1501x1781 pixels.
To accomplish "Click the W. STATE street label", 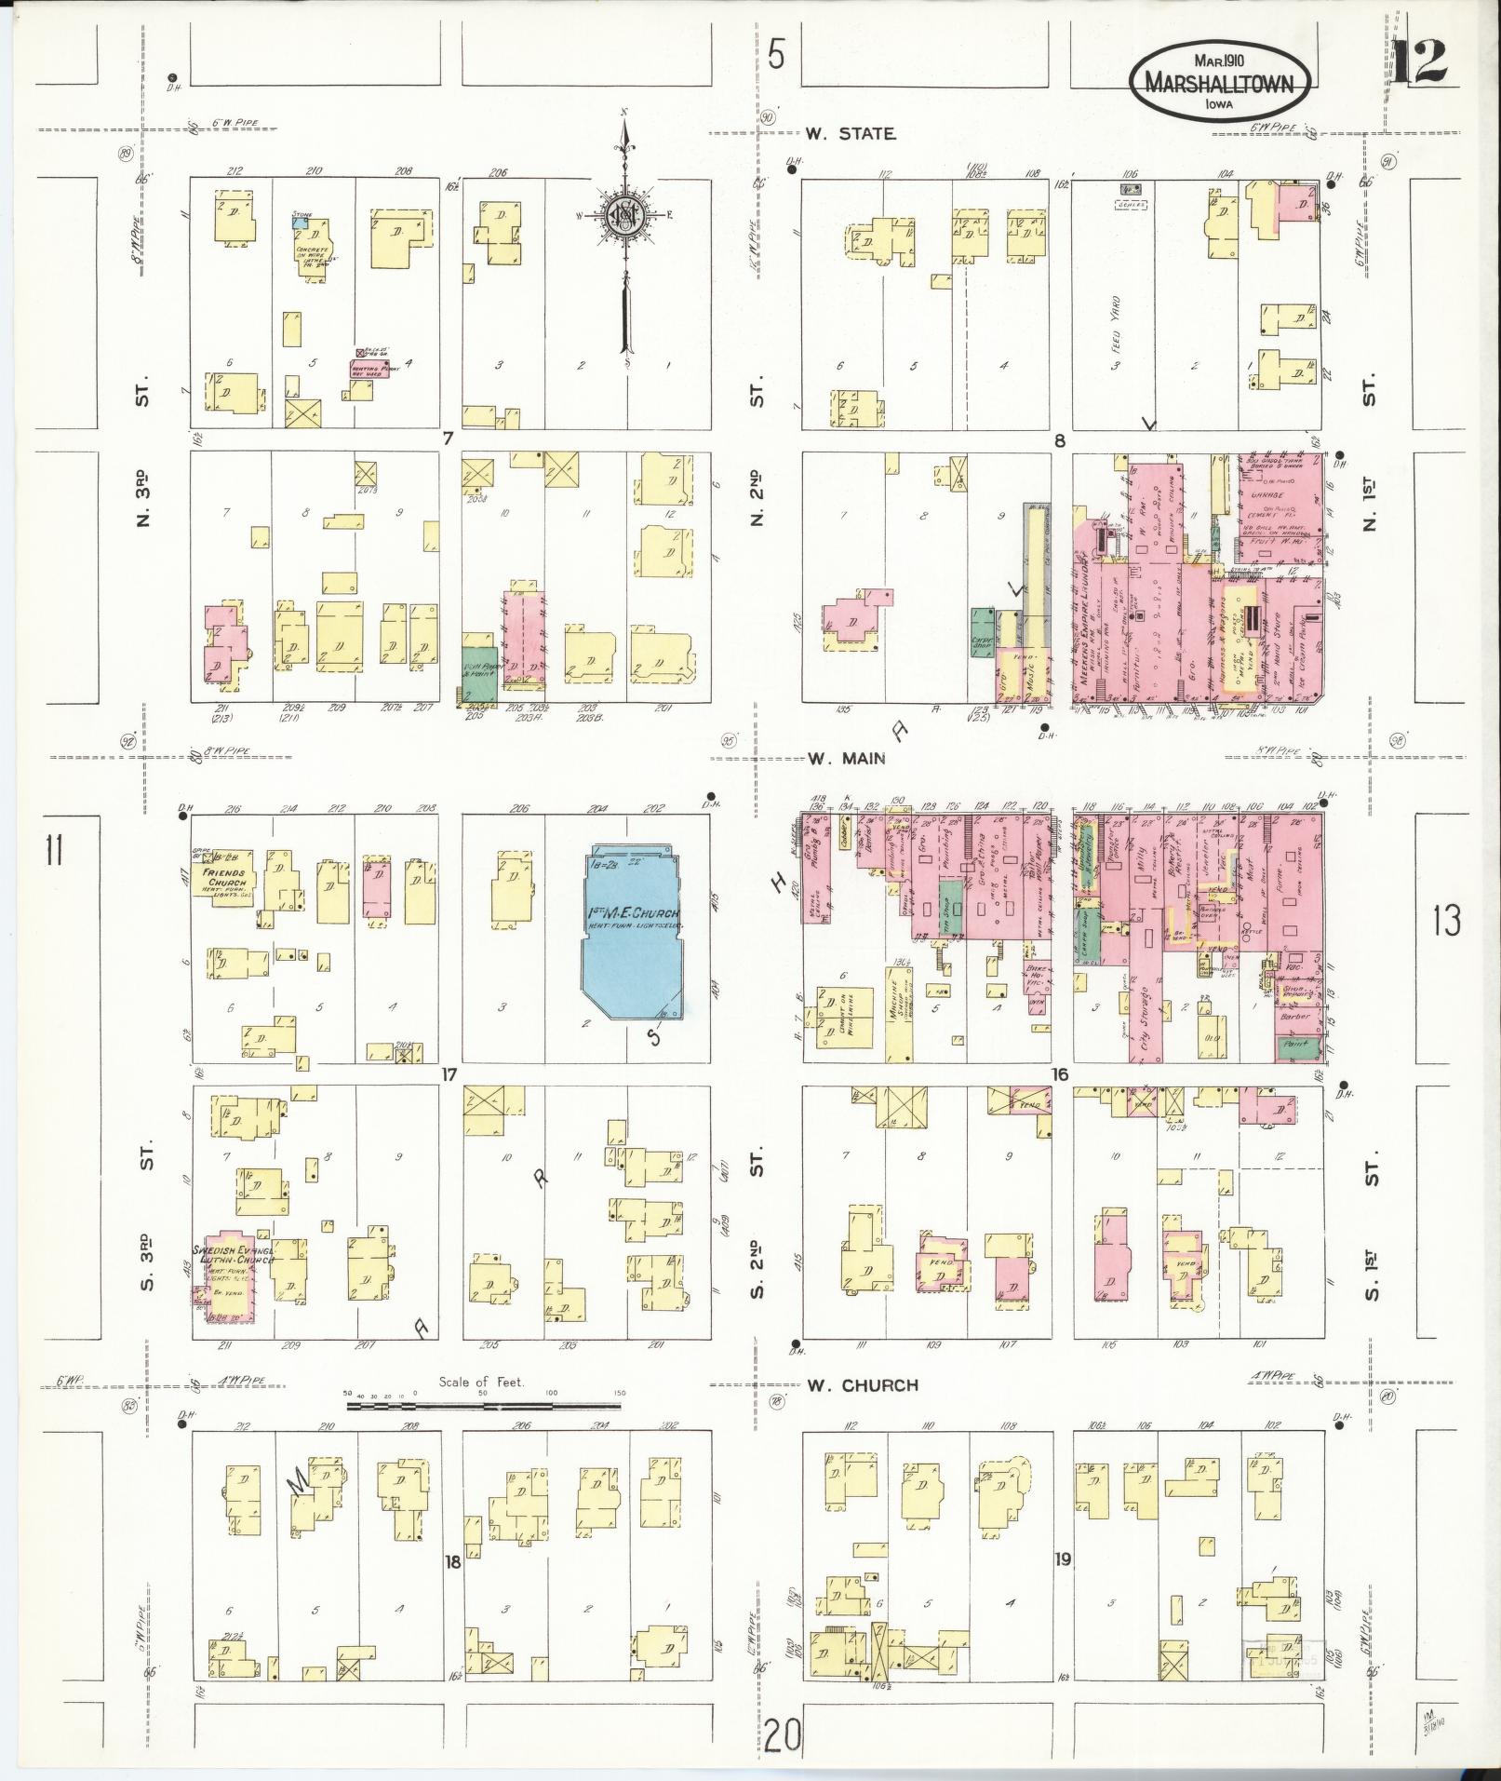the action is (x=851, y=134).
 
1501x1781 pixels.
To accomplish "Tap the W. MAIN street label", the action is (x=846, y=759).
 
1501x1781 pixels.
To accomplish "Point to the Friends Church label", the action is (x=227, y=878).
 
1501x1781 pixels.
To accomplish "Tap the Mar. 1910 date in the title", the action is (x=1222, y=61).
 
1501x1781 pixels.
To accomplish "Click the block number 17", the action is (x=449, y=1075).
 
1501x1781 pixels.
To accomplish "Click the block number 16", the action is (x=1059, y=1075).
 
